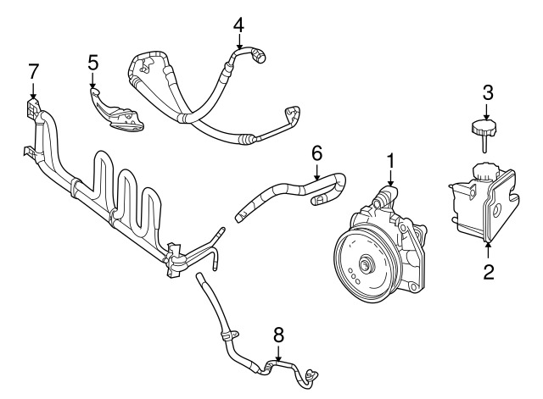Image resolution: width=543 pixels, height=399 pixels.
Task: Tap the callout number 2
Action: click(x=488, y=272)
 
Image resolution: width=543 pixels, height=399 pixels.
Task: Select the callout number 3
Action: click(x=487, y=92)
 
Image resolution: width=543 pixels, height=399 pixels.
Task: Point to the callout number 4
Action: click(x=238, y=25)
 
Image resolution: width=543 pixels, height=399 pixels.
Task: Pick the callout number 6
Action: click(x=316, y=153)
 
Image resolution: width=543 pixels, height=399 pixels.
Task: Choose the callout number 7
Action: click(x=33, y=71)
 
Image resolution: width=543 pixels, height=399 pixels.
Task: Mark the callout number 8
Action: click(x=278, y=335)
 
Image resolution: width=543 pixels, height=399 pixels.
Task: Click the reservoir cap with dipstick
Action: click(x=484, y=134)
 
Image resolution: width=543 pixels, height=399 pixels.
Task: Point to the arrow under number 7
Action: click(x=33, y=91)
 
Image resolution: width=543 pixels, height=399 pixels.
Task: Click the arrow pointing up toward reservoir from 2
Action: click(x=488, y=250)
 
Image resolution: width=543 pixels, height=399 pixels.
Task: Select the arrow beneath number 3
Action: click(x=486, y=112)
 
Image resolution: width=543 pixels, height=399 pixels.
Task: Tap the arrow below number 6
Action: click(x=316, y=172)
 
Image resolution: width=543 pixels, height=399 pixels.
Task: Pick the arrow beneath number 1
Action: click(x=390, y=180)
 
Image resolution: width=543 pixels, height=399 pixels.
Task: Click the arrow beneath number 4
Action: click(x=238, y=42)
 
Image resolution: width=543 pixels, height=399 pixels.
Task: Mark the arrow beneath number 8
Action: click(x=278, y=354)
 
